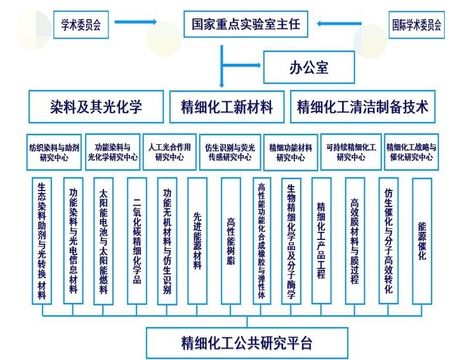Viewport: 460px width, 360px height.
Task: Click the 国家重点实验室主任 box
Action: (x=249, y=25)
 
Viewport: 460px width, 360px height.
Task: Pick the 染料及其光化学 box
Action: (x=96, y=107)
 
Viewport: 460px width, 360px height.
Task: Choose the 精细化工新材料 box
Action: (x=227, y=107)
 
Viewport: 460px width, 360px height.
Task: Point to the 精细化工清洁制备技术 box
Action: (x=362, y=107)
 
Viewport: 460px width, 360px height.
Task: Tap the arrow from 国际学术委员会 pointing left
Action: (x=347, y=24)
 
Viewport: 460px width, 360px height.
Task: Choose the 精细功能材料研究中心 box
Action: (x=290, y=151)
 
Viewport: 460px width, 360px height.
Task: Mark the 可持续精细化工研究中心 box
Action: (x=351, y=151)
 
